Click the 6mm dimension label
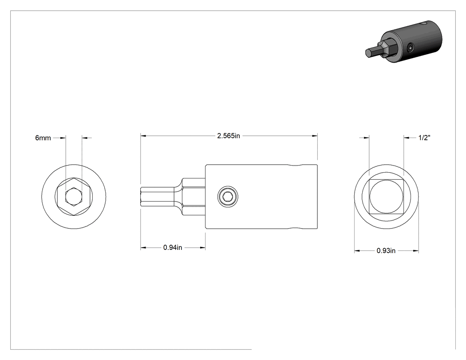coord(43,138)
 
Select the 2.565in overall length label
coord(229,136)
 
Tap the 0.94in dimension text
coord(173,247)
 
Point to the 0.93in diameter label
coord(386,251)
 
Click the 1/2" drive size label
coord(424,138)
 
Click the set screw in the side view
coord(228,197)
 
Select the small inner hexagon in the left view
coord(73,197)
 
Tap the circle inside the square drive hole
coord(387,197)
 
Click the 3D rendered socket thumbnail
coord(403,42)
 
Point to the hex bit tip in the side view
coord(157,197)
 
